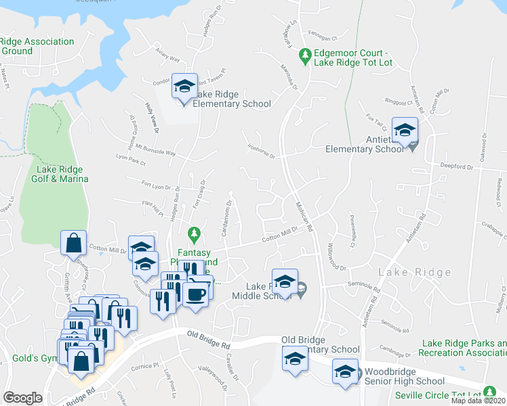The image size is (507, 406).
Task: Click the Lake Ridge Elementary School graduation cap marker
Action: click(x=184, y=87)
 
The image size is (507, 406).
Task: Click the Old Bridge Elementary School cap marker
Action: click(x=295, y=359)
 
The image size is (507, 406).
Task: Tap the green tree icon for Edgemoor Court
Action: click(x=306, y=53)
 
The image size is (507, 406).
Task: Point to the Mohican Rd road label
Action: click(x=304, y=217)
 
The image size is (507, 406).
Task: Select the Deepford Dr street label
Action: click(x=456, y=166)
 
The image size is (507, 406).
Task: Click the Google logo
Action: click(x=22, y=398)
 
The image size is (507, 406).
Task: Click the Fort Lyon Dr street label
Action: click(x=160, y=185)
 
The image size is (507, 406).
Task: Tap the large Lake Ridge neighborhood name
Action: click(x=415, y=273)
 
